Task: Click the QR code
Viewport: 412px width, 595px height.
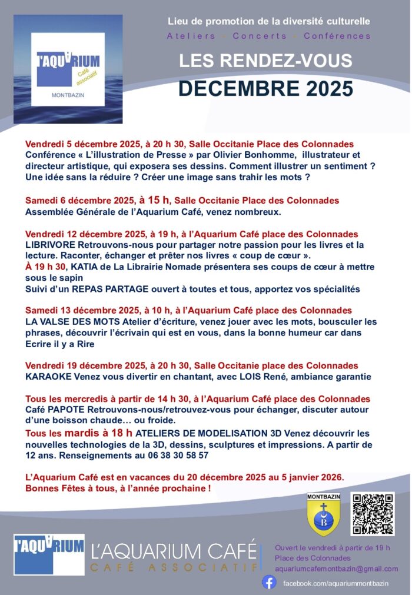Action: pyautogui.click(x=373, y=514)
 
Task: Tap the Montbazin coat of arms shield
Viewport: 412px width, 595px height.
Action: pyautogui.click(x=324, y=515)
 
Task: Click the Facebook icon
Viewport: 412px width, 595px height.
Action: pyautogui.click(x=269, y=582)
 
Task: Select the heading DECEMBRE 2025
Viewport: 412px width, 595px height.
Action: pyautogui.click(x=265, y=88)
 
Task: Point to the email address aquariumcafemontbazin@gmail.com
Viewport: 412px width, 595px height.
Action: pyautogui.click(x=336, y=569)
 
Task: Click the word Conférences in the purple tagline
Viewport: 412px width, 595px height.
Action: pyautogui.click(x=337, y=36)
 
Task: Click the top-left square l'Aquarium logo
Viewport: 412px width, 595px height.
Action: pyautogui.click(x=68, y=69)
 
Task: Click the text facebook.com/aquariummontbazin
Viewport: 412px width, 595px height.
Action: pyautogui.click(x=334, y=582)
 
